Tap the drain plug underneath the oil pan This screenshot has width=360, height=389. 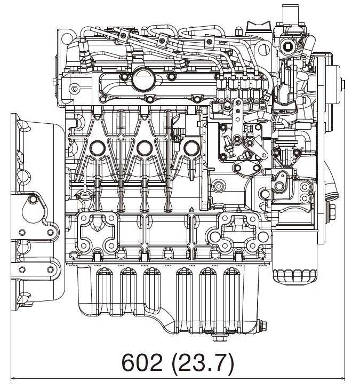[219, 337]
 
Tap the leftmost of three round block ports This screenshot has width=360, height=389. [98, 148]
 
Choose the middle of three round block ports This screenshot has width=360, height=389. [144, 148]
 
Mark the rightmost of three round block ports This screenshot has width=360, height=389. [190, 148]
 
